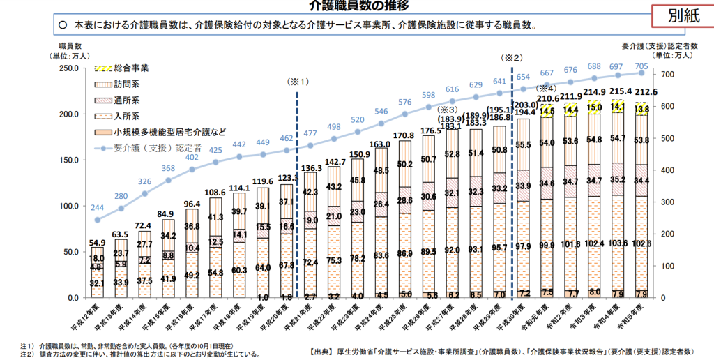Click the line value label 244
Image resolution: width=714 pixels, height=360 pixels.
point(98,208)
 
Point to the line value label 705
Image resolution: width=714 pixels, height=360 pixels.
point(641,66)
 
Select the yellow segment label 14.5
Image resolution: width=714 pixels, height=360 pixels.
point(546,110)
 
